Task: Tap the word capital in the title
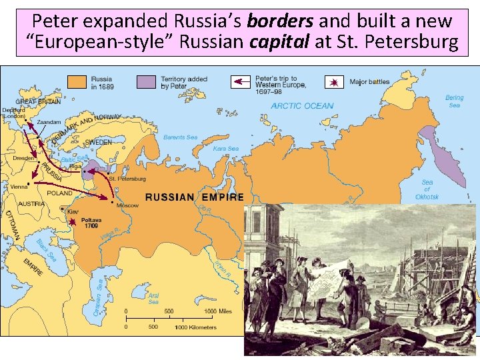click(279, 43)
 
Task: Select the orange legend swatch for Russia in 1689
click(79, 82)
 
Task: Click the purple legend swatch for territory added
click(147, 82)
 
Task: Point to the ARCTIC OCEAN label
click(302, 106)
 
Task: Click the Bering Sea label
click(454, 101)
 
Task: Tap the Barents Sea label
click(180, 137)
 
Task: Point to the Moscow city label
click(127, 205)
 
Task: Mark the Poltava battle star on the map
click(72, 221)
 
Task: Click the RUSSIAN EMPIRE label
click(195, 197)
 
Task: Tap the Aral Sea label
click(153, 298)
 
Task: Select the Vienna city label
click(19, 188)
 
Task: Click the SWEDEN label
click(99, 142)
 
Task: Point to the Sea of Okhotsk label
click(427, 189)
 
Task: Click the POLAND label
click(59, 193)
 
